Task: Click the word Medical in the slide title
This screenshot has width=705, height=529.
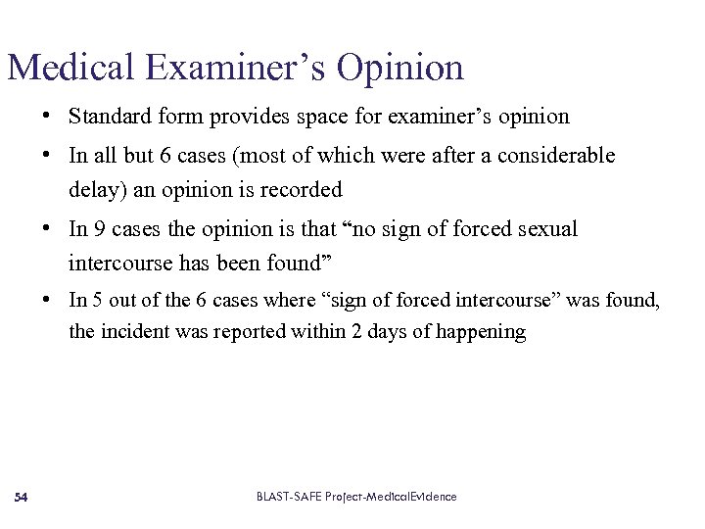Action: tap(70, 68)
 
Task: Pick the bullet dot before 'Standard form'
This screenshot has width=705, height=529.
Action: tap(47, 117)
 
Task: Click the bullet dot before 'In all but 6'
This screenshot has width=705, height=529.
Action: tap(47, 155)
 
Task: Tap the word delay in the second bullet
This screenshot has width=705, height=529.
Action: tap(90, 189)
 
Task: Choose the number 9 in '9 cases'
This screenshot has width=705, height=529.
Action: tap(100, 229)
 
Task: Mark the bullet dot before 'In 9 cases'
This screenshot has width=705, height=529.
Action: tap(47, 229)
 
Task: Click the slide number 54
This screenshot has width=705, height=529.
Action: tap(21, 498)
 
